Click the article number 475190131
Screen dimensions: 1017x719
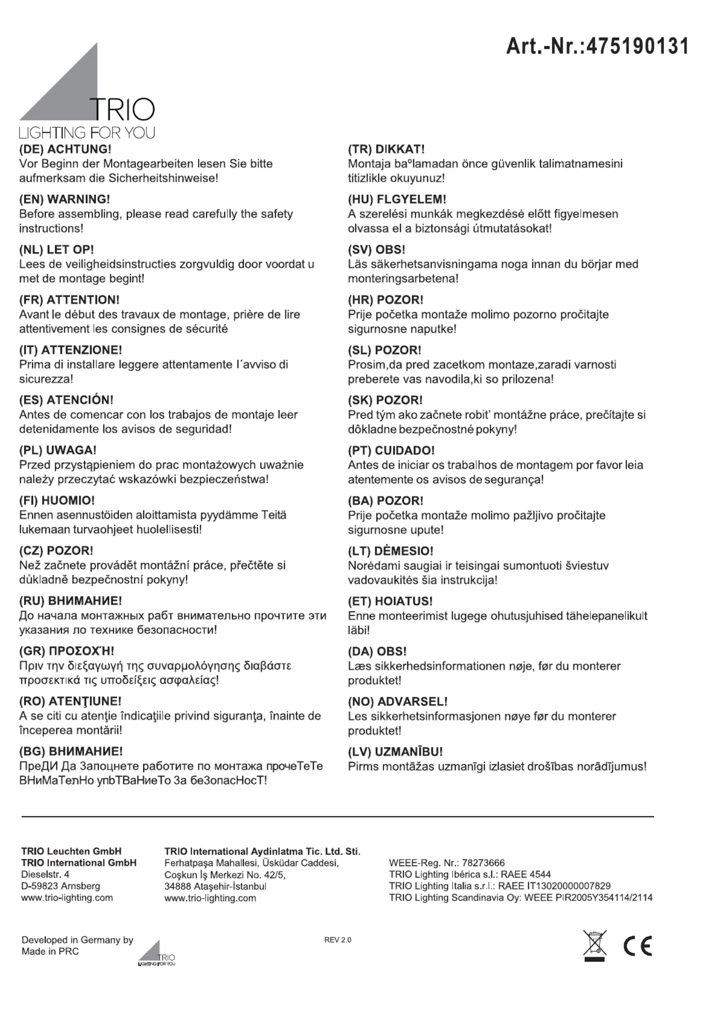tap(597, 46)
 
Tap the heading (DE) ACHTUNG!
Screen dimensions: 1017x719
tap(65, 149)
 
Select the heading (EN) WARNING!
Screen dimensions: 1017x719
tap(64, 199)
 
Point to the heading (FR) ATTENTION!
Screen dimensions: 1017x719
tap(69, 300)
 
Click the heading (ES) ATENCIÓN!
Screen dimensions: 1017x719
tap(66, 400)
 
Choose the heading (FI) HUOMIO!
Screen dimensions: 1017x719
tap(57, 501)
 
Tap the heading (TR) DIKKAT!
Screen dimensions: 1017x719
tap(386, 149)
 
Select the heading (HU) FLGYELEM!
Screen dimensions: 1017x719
tap(397, 199)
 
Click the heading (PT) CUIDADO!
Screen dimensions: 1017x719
tap(391, 451)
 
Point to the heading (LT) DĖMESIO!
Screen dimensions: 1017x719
tap(391, 551)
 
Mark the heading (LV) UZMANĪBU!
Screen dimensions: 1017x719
tap(395, 752)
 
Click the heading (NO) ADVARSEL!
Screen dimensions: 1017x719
tap(397, 702)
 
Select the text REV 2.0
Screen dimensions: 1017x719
tap(338, 940)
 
